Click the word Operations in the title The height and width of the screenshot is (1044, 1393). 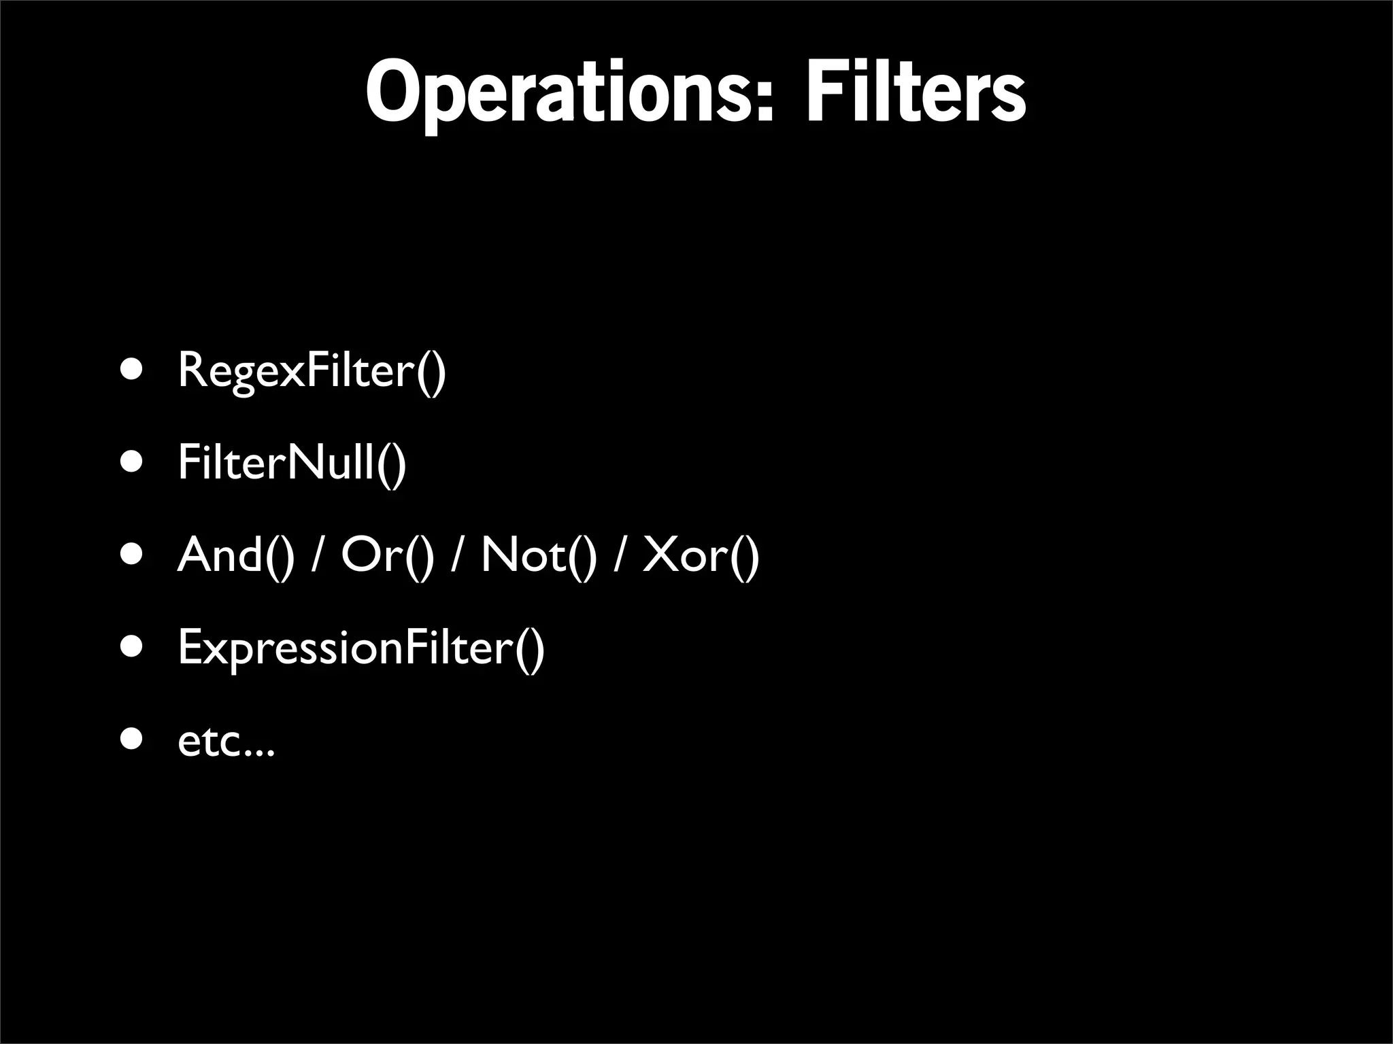[x=558, y=92]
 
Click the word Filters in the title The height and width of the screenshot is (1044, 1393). [x=915, y=92]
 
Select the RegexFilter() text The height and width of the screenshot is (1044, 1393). [x=312, y=370]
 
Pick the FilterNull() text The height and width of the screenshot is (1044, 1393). [x=292, y=462]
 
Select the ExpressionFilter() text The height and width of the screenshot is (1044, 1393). [x=361, y=648]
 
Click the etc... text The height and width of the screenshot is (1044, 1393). [x=226, y=741]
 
